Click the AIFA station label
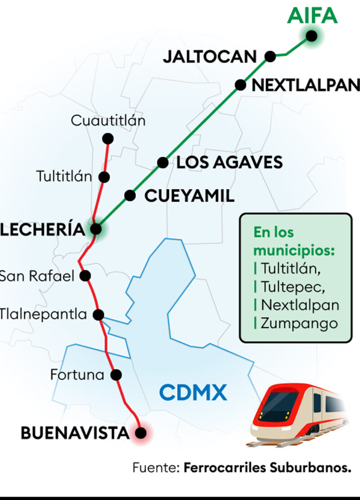click(x=312, y=15)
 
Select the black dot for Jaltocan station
click(x=270, y=56)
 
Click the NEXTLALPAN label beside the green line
click(x=306, y=85)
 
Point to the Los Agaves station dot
click(x=163, y=162)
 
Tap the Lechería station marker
click(x=96, y=229)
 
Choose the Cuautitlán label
click(x=108, y=121)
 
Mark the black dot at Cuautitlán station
click(x=108, y=138)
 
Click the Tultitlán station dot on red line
click(x=104, y=177)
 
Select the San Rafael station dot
click(x=85, y=275)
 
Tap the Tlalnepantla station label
click(x=43, y=314)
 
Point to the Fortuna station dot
click(x=117, y=374)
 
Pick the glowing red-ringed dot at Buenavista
click(x=141, y=433)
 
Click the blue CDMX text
click(x=193, y=392)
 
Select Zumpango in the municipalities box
click(x=300, y=323)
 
